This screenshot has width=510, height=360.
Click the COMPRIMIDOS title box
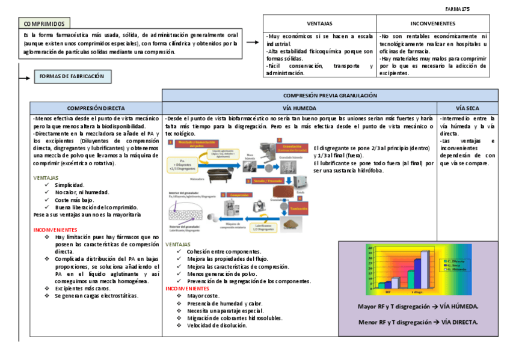(x=44, y=23)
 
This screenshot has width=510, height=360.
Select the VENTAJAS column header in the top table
(x=319, y=23)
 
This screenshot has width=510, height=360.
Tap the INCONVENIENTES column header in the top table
(x=432, y=23)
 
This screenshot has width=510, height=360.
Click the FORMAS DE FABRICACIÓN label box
(x=72, y=76)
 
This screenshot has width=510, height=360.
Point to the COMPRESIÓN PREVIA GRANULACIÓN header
(x=330, y=95)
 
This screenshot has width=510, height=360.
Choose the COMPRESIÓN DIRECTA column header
(x=96, y=108)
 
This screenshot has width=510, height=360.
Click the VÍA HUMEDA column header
(x=300, y=108)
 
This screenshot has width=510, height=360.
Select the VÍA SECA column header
(x=467, y=108)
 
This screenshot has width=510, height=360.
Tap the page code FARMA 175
(x=457, y=9)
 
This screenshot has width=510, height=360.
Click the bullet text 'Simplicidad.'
(x=70, y=185)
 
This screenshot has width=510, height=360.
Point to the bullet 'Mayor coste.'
(x=204, y=296)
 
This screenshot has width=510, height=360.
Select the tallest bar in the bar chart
(x=425, y=269)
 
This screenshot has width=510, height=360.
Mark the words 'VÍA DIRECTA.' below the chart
(x=459, y=322)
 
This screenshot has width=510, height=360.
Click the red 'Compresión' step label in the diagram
(x=239, y=195)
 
